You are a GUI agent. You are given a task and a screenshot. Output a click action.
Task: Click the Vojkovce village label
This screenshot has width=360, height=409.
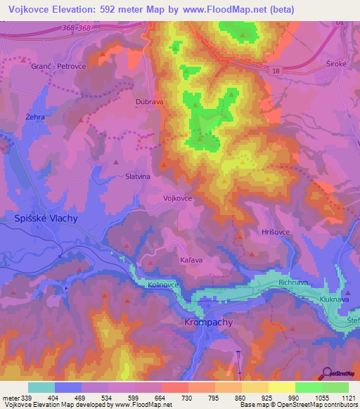click(177, 199)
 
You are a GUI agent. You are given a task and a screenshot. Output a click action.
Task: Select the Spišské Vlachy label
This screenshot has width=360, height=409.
click(46, 219)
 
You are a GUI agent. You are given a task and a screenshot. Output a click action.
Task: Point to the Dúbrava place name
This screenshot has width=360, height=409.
click(149, 101)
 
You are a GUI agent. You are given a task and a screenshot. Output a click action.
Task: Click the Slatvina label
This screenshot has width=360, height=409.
click(137, 178)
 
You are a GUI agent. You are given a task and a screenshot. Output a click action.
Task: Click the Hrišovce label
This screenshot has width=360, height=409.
click(275, 231)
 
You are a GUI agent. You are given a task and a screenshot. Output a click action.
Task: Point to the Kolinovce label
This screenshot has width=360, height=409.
click(165, 285)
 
